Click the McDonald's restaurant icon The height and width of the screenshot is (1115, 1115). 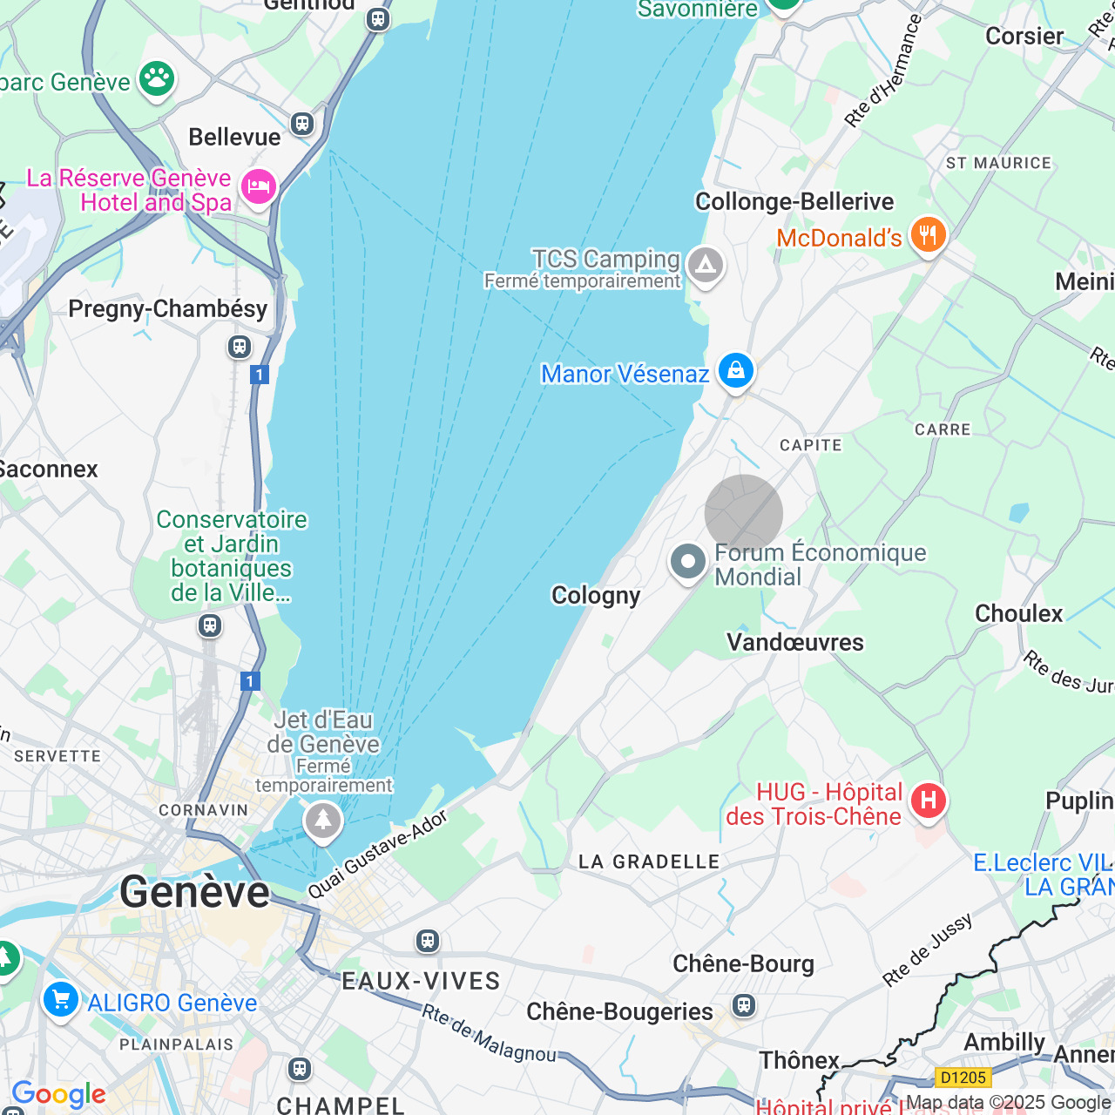pyautogui.click(x=928, y=234)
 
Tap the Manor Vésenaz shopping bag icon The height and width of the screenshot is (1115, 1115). pyautogui.click(x=735, y=371)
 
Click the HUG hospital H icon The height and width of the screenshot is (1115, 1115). pyautogui.click(x=928, y=801)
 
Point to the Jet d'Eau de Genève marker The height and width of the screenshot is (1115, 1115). pyautogui.click(x=323, y=820)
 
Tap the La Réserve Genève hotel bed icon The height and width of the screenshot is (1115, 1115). pyautogui.click(x=259, y=186)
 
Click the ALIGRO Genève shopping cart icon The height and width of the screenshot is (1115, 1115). pyautogui.click(x=61, y=999)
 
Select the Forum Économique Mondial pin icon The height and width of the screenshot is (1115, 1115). pyautogui.click(x=688, y=562)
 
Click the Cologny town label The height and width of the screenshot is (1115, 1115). pyautogui.click(x=596, y=596)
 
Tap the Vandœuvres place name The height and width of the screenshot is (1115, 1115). pyautogui.click(x=795, y=643)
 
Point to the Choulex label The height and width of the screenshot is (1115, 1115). pyautogui.click(x=1018, y=614)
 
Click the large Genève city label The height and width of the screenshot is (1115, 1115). pyautogui.click(x=195, y=892)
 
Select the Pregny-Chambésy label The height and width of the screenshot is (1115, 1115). pyautogui.click(x=168, y=309)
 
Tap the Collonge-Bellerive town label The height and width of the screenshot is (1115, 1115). pyautogui.click(x=794, y=202)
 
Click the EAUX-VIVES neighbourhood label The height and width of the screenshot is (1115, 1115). pyautogui.click(x=421, y=982)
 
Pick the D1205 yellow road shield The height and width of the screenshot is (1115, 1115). pyautogui.click(x=963, y=1078)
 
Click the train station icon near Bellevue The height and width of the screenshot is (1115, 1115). pyautogui.click(x=302, y=124)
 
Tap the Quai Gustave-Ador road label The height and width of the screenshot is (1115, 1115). pyautogui.click(x=377, y=855)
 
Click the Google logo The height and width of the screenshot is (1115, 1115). pyautogui.click(x=59, y=1094)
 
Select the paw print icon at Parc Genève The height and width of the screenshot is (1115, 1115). pyautogui.click(x=157, y=79)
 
